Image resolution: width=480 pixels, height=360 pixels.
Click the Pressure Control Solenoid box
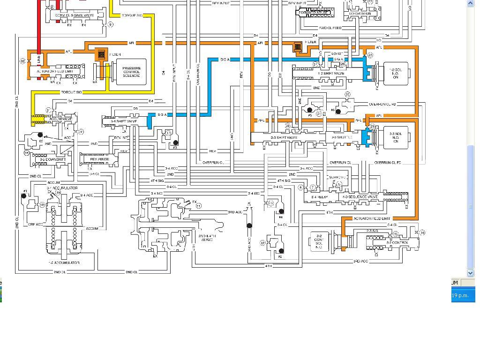132,72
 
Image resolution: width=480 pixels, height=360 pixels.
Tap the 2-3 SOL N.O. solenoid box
396,137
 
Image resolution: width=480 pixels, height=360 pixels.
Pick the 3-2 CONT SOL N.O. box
319,241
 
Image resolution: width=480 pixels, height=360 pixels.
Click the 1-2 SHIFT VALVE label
331,74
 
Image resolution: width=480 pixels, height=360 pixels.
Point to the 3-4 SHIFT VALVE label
124,121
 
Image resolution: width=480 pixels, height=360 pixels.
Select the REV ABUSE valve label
99,159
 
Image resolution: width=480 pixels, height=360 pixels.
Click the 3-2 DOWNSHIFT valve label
49,159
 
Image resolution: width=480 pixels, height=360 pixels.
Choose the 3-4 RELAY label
320,197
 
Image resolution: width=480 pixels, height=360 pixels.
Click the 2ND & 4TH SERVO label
207,238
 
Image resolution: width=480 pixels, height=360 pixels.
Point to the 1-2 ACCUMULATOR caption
64,263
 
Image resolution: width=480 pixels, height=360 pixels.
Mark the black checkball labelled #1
24,196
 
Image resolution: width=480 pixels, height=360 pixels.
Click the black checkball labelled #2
281,251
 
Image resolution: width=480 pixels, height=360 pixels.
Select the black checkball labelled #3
176,142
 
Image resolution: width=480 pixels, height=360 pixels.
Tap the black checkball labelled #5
309,110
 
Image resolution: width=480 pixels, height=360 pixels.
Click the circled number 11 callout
199,206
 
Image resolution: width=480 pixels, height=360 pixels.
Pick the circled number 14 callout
422,232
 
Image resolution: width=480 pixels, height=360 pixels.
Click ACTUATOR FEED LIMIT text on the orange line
372,218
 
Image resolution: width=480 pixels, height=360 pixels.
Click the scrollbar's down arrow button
471,272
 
